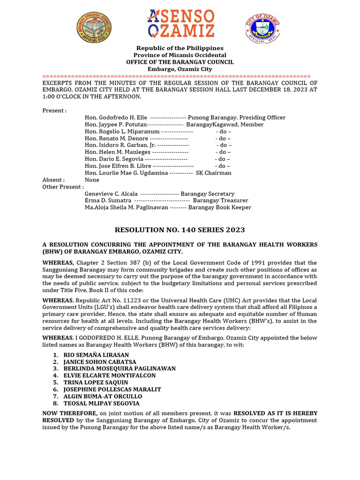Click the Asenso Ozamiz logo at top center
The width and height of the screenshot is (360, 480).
coord(180,24)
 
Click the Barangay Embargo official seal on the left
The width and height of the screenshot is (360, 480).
coord(94,27)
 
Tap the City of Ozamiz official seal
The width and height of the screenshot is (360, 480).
coord(262,28)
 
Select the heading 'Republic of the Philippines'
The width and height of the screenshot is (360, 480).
coord(180,48)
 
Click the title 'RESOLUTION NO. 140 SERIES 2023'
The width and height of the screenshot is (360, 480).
coord(180,230)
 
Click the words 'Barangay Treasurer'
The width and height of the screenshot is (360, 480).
coord(220,200)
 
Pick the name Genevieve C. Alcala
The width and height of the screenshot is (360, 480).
coord(111,194)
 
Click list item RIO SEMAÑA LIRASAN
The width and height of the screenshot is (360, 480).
coord(96,355)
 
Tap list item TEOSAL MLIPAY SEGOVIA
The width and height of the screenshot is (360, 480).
coord(101,403)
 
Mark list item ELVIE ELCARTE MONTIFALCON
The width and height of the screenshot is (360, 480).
coord(110,375)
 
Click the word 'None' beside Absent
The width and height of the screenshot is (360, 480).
coord(92,180)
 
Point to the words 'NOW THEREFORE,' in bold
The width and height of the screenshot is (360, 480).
coord(70,413)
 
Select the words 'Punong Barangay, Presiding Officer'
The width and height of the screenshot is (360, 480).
coord(237,118)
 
